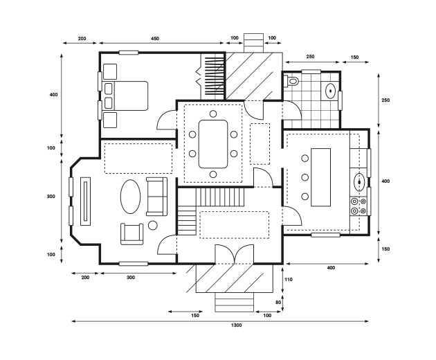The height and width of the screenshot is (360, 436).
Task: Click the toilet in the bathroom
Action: tap(293, 82)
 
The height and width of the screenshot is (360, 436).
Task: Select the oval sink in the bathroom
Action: tap(332, 90)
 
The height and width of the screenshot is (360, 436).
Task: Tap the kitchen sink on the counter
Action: tap(360, 182)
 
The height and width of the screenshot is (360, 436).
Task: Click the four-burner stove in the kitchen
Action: tap(359, 206)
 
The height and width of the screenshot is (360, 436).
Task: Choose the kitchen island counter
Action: tap(321, 177)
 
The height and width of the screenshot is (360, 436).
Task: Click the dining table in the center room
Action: tap(213, 144)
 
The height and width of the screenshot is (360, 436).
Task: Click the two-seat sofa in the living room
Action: tap(156, 196)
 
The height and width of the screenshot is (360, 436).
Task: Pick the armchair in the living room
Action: tap(132, 233)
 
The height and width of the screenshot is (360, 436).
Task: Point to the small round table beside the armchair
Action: tap(153, 225)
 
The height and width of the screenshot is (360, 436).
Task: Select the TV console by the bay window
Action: tap(85, 201)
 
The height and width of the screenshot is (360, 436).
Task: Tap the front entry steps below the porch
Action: tap(234, 303)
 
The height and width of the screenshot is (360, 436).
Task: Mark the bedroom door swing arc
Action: tap(166, 120)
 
